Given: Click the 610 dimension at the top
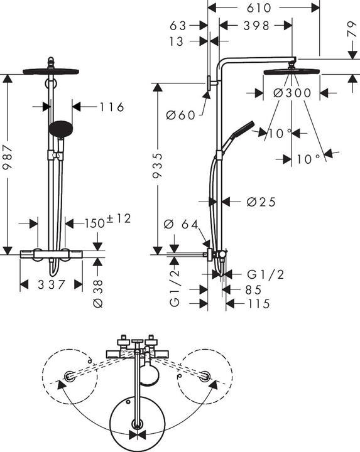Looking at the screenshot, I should pyautogui.click(x=264, y=8).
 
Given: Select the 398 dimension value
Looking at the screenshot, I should pyautogui.click(x=256, y=26).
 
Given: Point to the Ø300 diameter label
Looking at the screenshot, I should pyautogui.click(x=293, y=93).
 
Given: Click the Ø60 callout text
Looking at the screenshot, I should pyautogui.click(x=181, y=114).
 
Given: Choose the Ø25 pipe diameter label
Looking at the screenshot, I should pyautogui.click(x=261, y=202).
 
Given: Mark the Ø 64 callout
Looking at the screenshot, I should pyautogui.click(x=180, y=225).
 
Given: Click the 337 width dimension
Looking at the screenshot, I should pyautogui.click(x=52, y=285).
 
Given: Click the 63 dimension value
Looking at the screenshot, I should pyautogui.click(x=179, y=26).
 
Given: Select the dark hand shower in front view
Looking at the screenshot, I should pyautogui.click(x=60, y=128).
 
